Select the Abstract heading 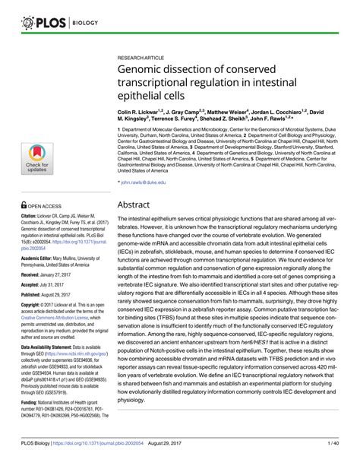click(x=137, y=204)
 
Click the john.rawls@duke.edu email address click(x=149, y=183)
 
